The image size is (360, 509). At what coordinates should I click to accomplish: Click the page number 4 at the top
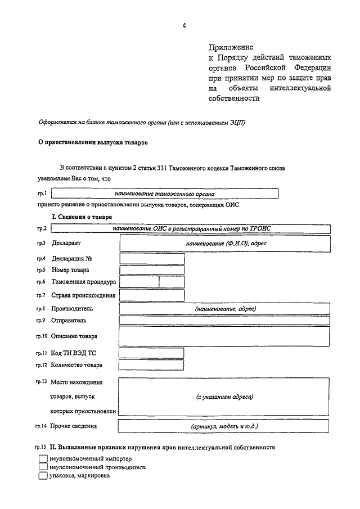183,25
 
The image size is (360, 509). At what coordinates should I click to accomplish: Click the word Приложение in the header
231,47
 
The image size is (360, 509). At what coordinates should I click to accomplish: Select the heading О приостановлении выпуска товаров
93,143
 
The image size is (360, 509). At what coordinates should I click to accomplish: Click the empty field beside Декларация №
152,259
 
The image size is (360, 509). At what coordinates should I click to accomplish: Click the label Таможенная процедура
83,282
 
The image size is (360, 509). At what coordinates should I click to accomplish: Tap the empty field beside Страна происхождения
152,295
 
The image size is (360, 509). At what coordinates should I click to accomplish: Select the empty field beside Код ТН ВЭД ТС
152,353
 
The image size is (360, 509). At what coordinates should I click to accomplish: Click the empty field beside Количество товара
152,365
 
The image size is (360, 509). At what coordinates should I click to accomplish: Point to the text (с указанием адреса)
225,397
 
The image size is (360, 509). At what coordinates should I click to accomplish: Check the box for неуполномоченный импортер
43,458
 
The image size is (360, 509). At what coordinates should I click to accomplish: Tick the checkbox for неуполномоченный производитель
43,467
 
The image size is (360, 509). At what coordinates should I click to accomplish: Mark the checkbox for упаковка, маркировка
43,475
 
